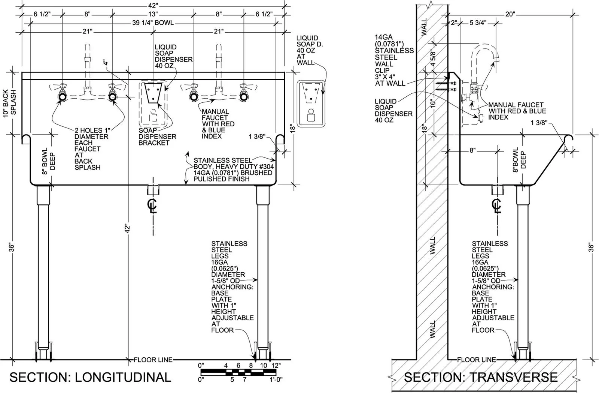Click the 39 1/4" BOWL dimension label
[153, 23]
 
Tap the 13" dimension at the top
[153, 14]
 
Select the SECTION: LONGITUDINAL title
[90, 377]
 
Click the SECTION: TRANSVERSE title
[481, 377]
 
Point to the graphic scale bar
[238, 372]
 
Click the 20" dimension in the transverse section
[510, 14]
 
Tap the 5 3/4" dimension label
[478, 23]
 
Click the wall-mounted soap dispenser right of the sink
[311, 103]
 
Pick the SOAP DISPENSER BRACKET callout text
[157, 136]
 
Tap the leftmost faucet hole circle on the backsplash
[62, 97]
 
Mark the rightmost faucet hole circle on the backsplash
[244, 97]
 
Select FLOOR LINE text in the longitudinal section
[153, 360]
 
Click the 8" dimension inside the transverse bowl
[472, 150]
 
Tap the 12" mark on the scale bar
[276, 365]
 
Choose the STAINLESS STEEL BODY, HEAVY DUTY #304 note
[234, 163]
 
